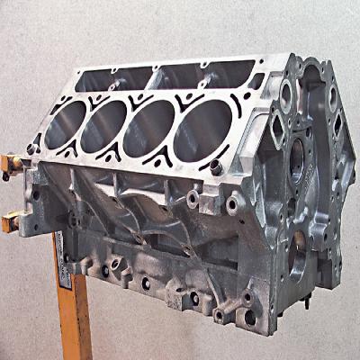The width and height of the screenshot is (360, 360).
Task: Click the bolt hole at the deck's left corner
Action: tap(33, 148)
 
